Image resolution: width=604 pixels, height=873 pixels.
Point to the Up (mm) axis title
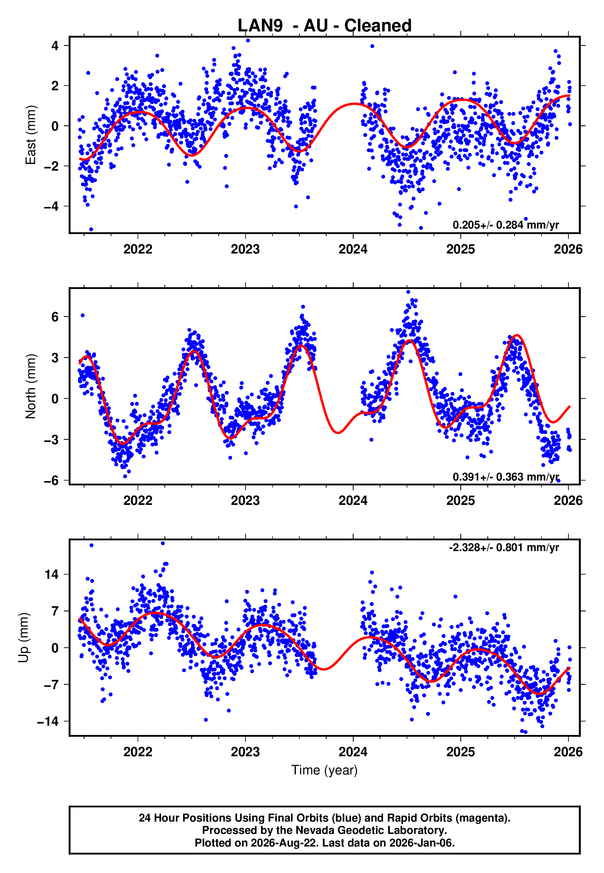23,638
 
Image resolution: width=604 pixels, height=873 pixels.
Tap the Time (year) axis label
324,770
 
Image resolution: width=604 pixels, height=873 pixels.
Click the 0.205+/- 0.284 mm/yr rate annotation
505,225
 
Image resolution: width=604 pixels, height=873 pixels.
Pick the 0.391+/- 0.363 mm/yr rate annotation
505,477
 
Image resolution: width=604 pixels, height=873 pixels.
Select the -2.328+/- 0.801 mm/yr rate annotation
504,547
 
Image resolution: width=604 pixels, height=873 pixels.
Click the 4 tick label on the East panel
55,46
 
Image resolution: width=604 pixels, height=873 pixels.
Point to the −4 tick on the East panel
51,206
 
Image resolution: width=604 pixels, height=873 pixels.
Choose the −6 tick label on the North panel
51,481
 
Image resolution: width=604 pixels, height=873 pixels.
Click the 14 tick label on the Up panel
52,574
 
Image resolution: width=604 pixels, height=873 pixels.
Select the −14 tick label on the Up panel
48,721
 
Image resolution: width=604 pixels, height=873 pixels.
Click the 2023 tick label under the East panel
245,249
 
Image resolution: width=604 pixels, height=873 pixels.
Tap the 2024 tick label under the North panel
353,501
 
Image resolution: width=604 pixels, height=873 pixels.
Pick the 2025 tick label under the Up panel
461,752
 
